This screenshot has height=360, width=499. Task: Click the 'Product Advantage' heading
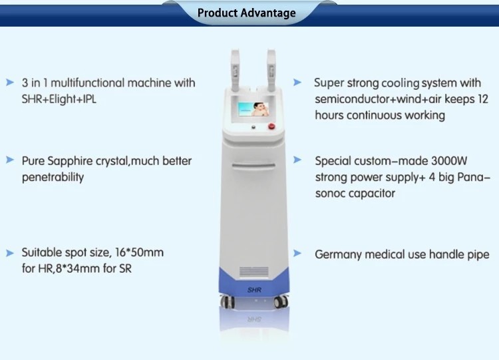click(x=247, y=13)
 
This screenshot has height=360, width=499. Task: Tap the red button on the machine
click(x=271, y=126)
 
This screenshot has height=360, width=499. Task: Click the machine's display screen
click(x=253, y=109)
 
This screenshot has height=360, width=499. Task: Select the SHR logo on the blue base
click(x=254, y=289)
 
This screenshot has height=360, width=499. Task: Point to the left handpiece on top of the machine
click(x=235, y=70)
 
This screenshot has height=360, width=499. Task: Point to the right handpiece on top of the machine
click(x=271, y=70)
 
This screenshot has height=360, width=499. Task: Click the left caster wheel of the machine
click(x=228, y=301)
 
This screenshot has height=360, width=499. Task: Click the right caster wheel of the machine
click(x=281, y=301)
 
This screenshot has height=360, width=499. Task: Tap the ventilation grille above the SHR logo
click(x=253, y=271)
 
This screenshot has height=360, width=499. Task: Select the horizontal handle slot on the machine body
click(x=253, y=166)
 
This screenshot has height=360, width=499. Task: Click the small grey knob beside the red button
click(x=253, y=127)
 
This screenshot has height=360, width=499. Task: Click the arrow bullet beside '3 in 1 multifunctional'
click(x=10, y=83)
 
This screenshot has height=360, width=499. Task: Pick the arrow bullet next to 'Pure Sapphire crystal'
click(x=10, y=160)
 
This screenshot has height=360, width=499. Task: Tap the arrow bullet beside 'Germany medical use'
click(x=297, y=254)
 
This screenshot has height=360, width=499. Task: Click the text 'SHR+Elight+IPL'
click(x=59, y=99)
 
